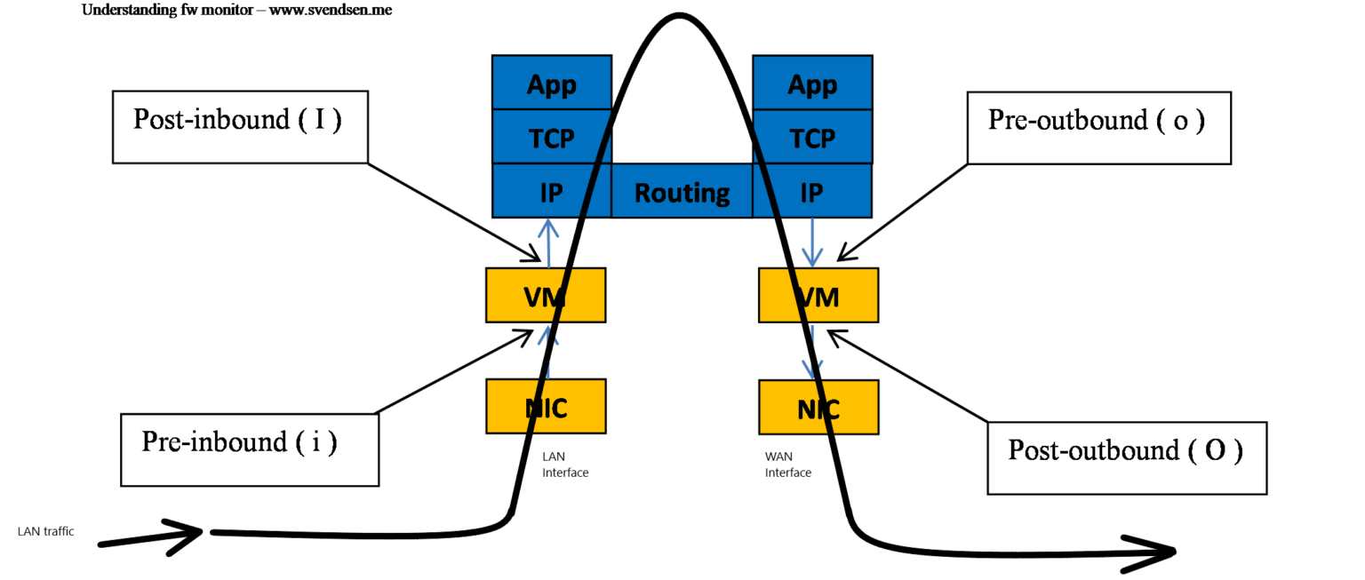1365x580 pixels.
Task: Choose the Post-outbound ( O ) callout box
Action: [1126, 457]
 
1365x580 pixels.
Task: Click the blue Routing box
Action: [682, 192]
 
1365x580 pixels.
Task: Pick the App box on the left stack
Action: [552, 83]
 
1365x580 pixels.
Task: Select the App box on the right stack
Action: [812, 83]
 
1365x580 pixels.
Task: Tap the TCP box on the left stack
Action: [552, 137]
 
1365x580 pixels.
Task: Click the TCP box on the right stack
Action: [812, 137]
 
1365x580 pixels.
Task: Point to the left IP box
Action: [552, 191]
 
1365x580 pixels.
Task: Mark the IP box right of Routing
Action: [812, 191]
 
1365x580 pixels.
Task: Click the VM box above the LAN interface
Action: [546, 295]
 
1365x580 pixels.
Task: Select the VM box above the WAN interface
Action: [818, 296]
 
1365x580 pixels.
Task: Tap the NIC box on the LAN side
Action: [546, 407]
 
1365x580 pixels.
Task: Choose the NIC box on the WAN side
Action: [818, 408]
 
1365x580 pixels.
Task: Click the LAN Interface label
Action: [565, 465]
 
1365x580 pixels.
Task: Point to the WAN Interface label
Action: [788, 465]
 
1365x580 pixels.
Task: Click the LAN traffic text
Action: [45, 531]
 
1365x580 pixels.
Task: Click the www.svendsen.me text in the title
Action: [337, 10]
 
